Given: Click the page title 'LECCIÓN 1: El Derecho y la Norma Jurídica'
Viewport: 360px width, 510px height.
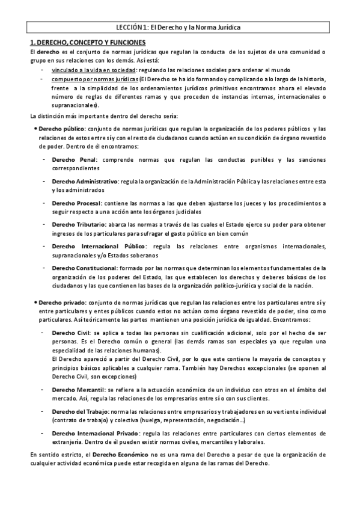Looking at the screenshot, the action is tap(180, 28).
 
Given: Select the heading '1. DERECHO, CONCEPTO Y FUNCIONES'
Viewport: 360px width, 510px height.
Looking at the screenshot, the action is tap(88, 43).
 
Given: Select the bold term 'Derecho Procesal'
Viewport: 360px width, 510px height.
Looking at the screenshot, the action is tap(76, 203).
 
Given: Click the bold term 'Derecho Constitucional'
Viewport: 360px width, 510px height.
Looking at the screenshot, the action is tap(85, 268).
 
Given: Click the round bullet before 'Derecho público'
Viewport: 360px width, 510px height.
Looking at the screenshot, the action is tap(34, 129).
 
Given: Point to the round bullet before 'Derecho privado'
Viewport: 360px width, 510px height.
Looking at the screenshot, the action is tap(34, 302).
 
